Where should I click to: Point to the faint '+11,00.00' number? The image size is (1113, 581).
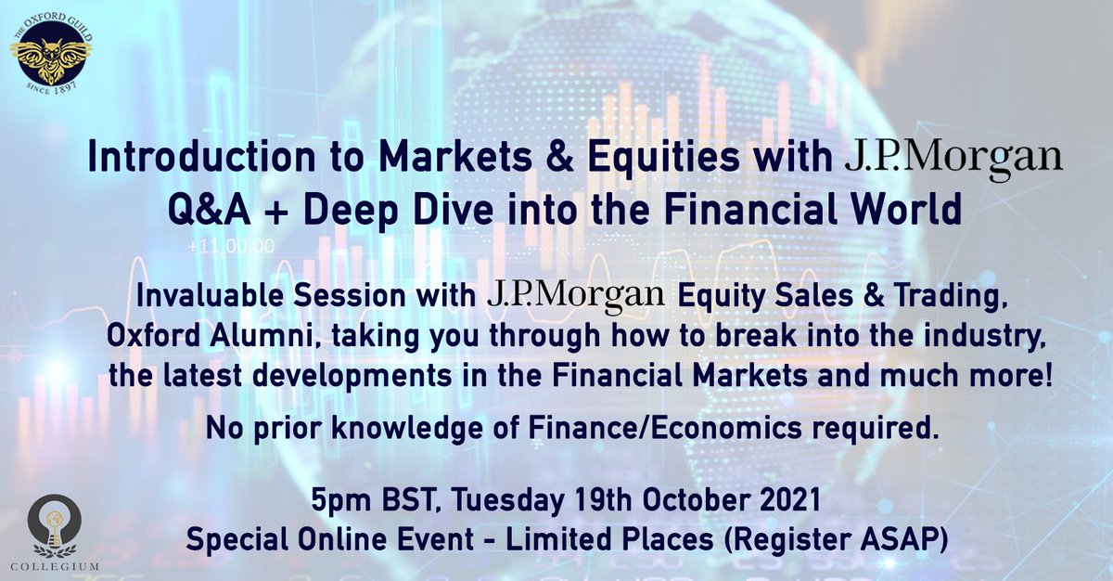click(230, 249)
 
